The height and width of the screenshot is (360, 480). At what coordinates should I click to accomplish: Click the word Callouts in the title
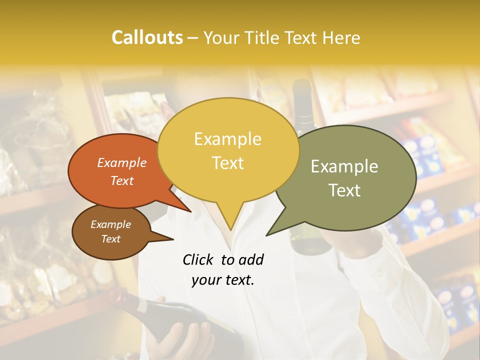click(147, 37)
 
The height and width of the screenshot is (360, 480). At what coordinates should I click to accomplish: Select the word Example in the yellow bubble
click(227, 139)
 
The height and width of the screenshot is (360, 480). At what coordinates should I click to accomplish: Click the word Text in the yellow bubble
click(227, 163)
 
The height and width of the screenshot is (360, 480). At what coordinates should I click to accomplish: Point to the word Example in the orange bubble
click(121, 163)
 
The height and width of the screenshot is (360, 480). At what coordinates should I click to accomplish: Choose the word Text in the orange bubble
click(121, 180)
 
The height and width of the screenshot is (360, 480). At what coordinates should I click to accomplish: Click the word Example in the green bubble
click(344, 166)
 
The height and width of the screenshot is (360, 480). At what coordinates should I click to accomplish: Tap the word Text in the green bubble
click(344, 190)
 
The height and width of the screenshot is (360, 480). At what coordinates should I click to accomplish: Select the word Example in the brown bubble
click(110, 224)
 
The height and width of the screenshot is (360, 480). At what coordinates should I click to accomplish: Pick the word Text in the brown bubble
click(110, 239)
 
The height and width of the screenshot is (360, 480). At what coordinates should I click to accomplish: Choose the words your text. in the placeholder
click(222, 280)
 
